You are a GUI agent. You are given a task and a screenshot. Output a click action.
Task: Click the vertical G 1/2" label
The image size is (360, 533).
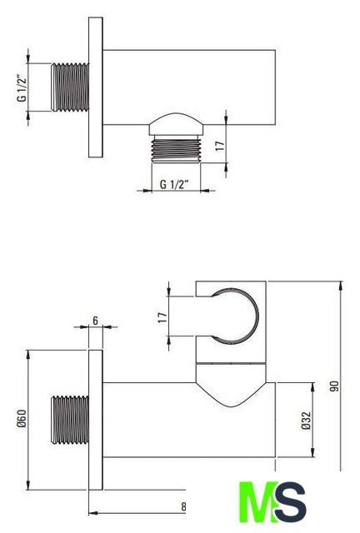[22, 87]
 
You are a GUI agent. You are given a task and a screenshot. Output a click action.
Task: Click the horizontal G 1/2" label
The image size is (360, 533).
[174, 185]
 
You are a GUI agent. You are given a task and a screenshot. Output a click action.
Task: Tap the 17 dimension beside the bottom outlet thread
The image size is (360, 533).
[220, 147]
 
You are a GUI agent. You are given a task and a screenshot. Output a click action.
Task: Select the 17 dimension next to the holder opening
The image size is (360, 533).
[163, 317]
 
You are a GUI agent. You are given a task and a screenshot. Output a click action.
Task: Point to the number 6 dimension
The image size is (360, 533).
[95, 321]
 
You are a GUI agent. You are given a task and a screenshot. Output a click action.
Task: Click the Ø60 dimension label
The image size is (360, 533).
[22, 418]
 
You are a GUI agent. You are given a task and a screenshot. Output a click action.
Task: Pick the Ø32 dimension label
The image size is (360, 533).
[306, 421]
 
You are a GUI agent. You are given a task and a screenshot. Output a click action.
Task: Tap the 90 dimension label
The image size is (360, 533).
[334, 386]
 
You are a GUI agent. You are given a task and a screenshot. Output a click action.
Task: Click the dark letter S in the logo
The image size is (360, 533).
[290, 502]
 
